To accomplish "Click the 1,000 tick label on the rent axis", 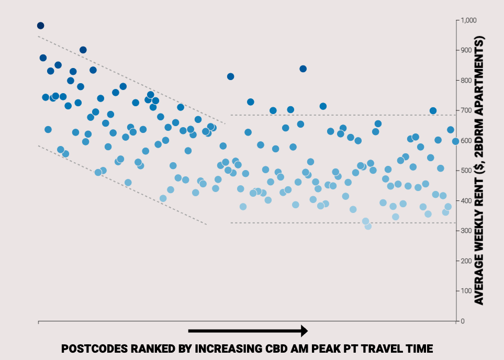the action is pos(468,20).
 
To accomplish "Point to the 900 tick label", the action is pos(466,50).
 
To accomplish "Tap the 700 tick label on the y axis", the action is pos(466,110).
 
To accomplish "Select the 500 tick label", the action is pos(466,171).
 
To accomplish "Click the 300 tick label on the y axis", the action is pos(466,230).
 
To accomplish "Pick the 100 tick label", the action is pos(466,291).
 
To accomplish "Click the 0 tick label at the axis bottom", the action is pos(463,321).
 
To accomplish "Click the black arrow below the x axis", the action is pos(248,331).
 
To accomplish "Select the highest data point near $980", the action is pos(40,26).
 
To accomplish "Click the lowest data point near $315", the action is pos(368,226).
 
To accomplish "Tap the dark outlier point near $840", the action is pos(303,69).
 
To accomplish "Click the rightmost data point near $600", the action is pos(455,141).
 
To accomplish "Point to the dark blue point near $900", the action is pos(83,50).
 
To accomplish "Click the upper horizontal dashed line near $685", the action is pos(343,115).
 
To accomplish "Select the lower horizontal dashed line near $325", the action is pos(343,223).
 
